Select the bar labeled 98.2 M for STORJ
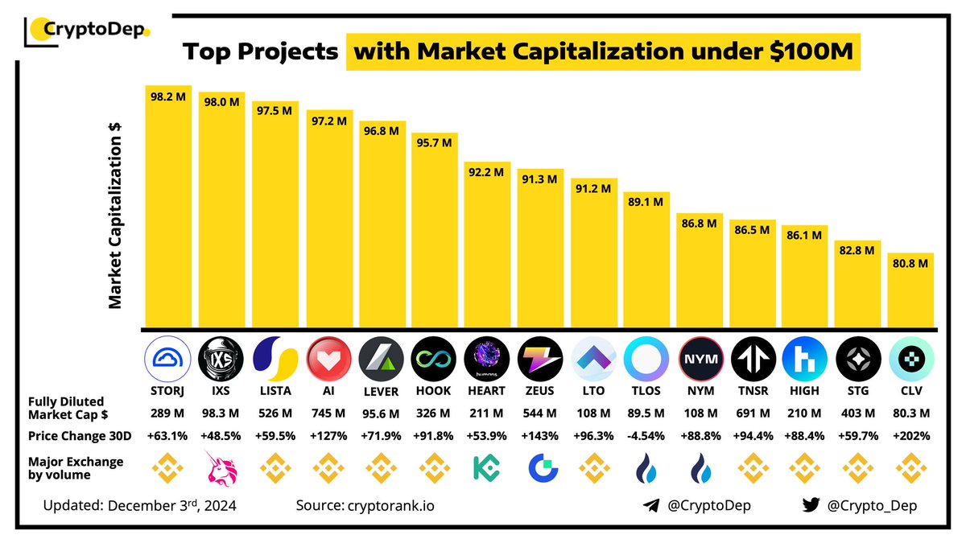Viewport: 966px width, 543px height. (168, 206)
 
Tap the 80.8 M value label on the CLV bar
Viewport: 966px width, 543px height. (911, 263)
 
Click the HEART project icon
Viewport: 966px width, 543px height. (487, 359)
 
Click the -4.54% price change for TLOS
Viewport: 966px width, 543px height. (646, 436)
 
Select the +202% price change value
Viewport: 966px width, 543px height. (911, 436)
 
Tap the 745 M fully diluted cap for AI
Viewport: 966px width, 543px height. (328, 413)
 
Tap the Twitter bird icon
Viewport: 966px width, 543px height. (811, 506)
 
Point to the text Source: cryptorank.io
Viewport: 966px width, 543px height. (371, 506)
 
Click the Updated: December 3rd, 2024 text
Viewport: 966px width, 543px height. (141, 506)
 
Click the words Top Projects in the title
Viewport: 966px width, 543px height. (260, 52)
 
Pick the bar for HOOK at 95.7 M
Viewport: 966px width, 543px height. (435, 230)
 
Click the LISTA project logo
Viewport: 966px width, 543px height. (275, 359)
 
